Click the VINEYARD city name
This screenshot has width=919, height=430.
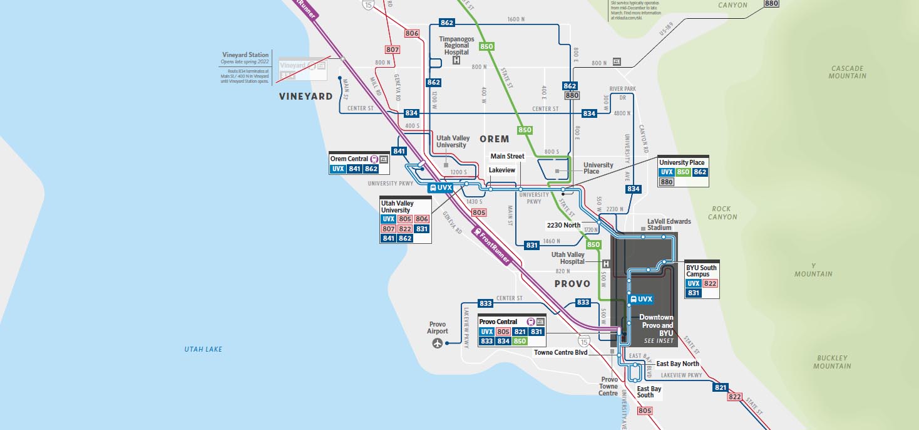(305, 97)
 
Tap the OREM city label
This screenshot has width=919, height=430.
(495, 139)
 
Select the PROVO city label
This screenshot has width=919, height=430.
(572, 284)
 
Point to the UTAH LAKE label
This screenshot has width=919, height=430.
(203, 349)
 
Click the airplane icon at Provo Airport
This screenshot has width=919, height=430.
(437, 343)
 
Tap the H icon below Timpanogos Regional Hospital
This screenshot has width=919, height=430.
(456, 61)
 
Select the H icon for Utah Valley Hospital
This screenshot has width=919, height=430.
(605, 264)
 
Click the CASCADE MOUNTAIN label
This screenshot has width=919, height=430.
(848, 72)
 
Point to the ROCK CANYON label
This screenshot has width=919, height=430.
(723, 213)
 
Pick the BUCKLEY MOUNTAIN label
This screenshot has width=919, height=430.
(832, 362)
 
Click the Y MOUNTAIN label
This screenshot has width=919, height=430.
(813, 270)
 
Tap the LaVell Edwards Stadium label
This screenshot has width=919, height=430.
(669, 224)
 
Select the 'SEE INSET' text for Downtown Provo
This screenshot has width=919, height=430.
(659, 341)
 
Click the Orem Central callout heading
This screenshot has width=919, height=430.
(349, 159)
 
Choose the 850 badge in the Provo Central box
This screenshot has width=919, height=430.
(520, 342)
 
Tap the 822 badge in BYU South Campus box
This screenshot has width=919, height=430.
(710, 283)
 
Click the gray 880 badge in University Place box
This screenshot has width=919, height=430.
(666, 182)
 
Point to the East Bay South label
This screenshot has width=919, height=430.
(649, 392)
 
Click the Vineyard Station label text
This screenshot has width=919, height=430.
(245, 55)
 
